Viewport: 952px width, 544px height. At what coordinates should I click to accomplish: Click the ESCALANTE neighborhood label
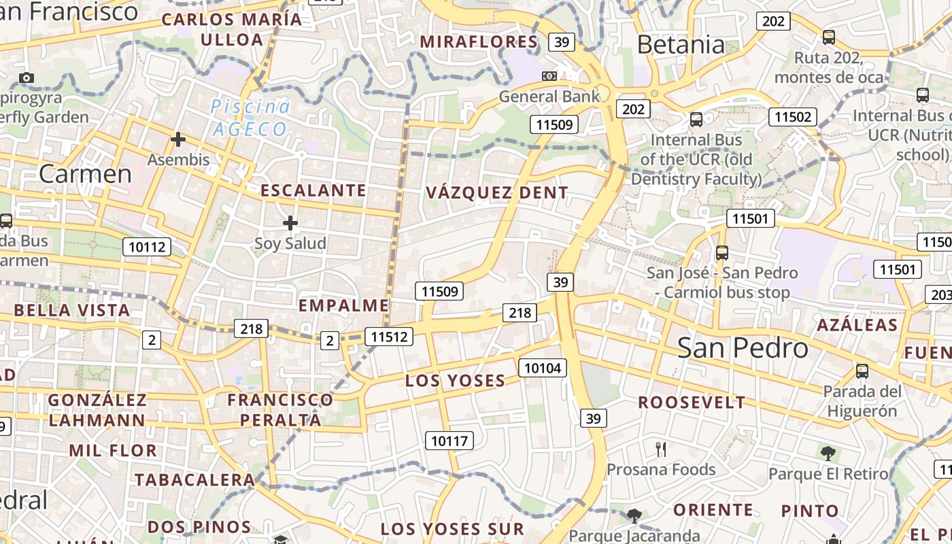pyautogui.click(x=313, y=190)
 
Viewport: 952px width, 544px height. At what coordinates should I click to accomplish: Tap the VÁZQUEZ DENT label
pyautogui.click(x=497, y=192)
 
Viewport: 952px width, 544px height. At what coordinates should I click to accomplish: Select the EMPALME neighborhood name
pyautogui.click(x=343, y=305)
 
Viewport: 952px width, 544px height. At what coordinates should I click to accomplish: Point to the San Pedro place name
pyautogui.click(x=743, y=347)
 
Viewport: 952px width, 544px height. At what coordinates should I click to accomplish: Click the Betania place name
pyautogui.click(x=681, y=45)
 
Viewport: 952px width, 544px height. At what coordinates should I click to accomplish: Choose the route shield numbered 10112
pyautogui.click(x=147, y=247)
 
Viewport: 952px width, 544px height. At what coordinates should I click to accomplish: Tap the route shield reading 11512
pyautogui.click(x=389, y=336)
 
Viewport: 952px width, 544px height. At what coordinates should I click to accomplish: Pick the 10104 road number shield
pyautogui.click(x=542, y=368)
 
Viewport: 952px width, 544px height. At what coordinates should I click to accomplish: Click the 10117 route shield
pyautogui.click(x=449, y=441)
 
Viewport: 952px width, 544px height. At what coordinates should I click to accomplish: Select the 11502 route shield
pyautogui.click(x=793, y=117)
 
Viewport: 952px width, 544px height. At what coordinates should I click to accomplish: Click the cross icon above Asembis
pyautogui.click(x=178, y=139)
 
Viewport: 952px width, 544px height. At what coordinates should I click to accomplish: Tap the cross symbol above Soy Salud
pyautogui.click(x=290, y=223)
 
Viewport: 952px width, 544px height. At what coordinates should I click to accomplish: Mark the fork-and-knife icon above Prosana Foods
pyautogui.click(x=661, y=449)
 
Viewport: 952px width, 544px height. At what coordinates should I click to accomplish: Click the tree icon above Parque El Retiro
pyautogui.click(x=828, y=453)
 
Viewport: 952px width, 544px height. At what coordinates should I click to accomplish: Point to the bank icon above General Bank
pyautogui.click(x=549, y=76)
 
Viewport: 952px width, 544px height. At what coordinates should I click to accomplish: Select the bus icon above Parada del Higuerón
pyautogui.click(x=862, y=371)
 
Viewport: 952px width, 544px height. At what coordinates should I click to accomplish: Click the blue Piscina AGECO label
pyautogui.click(x=250, y=118)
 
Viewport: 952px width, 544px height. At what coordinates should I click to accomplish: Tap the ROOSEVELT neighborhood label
pyautogui.click(x=692, y=403)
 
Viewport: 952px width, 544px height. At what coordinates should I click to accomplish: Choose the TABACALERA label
pyautogui.click(x=194, y=479)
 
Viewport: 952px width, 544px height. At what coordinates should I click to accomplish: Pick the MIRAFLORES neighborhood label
pyautogui.click(x=479, y=41)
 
